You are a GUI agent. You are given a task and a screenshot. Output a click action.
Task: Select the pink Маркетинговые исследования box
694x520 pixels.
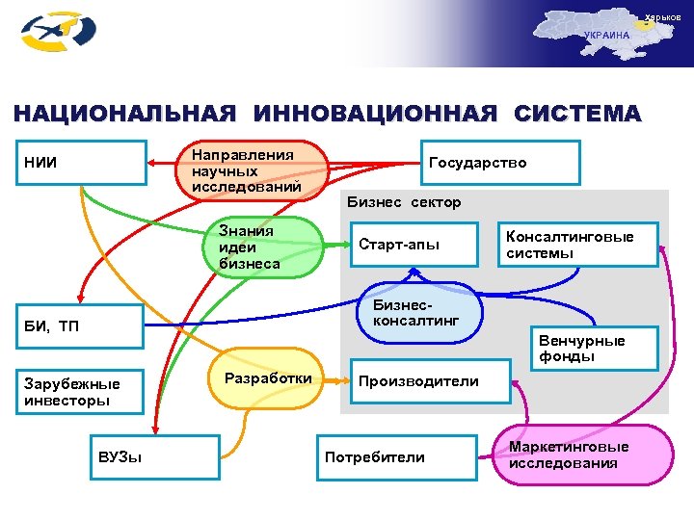581,455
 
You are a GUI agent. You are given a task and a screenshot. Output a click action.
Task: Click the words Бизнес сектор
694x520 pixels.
404,202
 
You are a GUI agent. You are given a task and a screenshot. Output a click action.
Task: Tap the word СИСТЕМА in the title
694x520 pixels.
577,114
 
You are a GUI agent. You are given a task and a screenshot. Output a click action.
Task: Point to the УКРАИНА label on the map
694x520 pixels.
606,36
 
